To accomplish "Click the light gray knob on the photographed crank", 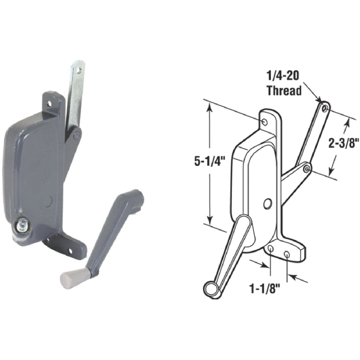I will [x=71, y=275].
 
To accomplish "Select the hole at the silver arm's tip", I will [x=79, y=71].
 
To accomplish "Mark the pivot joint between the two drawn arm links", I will [x=307, y=167].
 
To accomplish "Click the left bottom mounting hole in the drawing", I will [x=270, y=250].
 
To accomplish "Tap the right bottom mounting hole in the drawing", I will [x=287, y=253].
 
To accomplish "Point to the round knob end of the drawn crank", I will [x=210, y=287].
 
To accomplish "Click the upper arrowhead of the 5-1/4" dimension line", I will [x=209, y=109].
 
